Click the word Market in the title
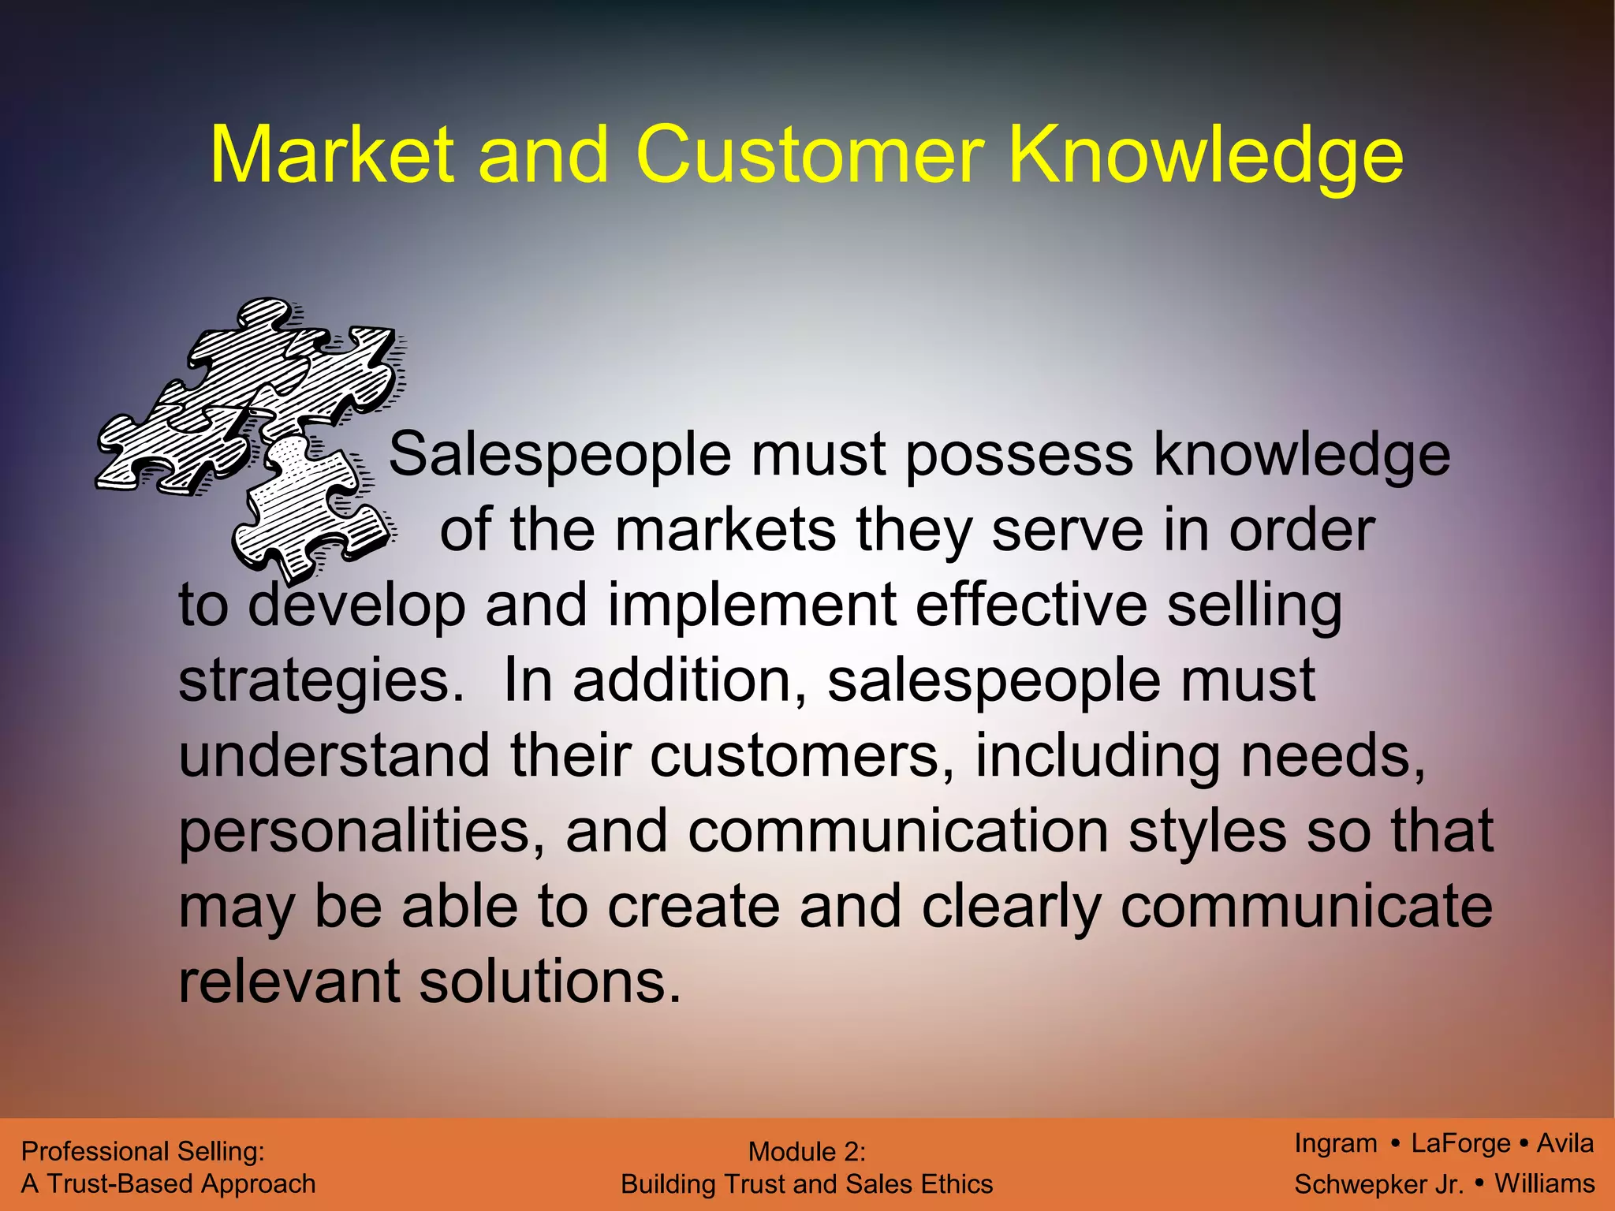point(332,155)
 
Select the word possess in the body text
point(1019,455)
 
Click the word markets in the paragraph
point(725,530)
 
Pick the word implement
point(752,605)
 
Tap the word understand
point(334,755)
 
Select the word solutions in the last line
point(550,982)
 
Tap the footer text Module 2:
point(807,1152)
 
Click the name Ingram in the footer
point(1335,1143)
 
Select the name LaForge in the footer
point(1460,1143)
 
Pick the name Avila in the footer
point(1565,1143)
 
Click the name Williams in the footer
point(1545,1183)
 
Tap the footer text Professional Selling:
point(143,1152)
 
